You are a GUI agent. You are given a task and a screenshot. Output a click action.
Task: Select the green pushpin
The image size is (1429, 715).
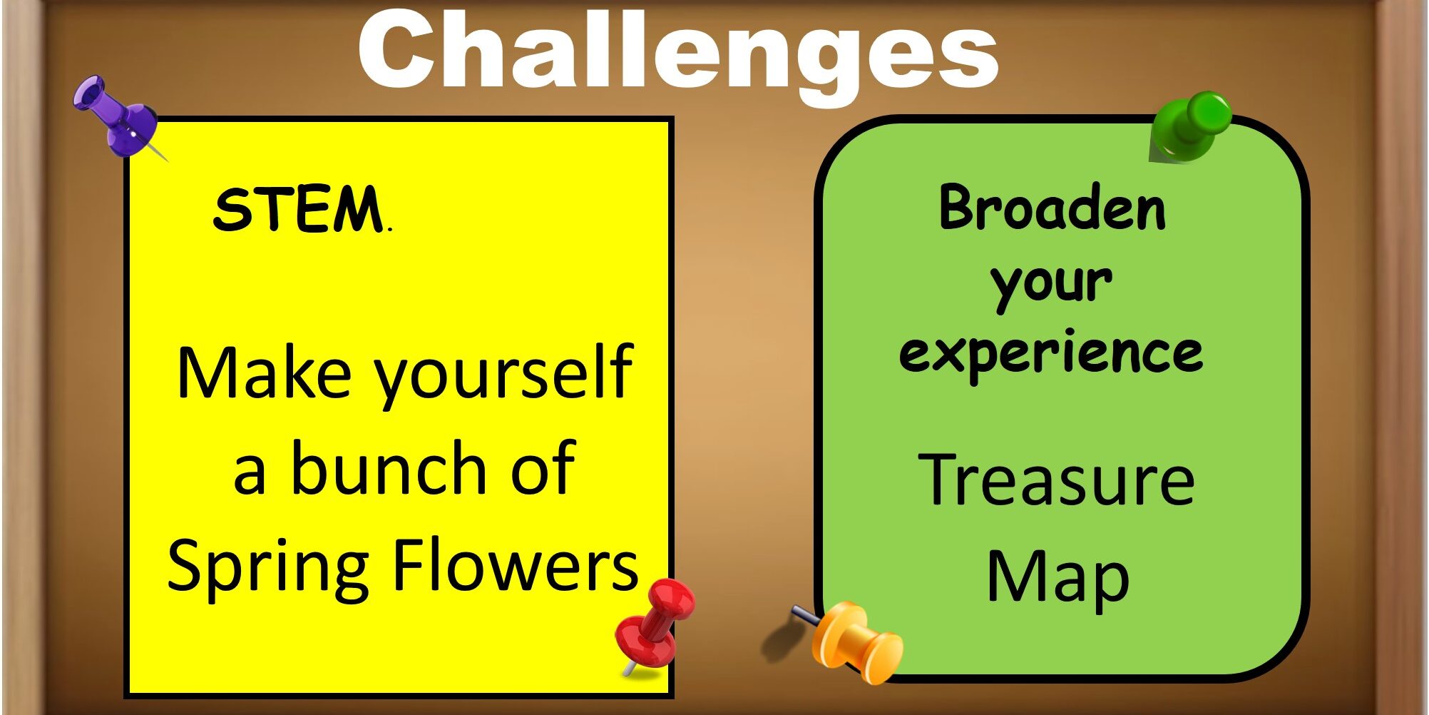point(1189,126)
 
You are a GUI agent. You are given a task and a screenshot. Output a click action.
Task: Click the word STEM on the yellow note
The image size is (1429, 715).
point(298,210)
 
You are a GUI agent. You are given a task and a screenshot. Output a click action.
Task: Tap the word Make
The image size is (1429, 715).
point(264,372)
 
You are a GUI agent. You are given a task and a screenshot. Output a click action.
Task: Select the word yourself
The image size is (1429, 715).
point(504,376)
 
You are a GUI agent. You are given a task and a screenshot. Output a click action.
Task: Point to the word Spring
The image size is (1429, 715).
point(267,569)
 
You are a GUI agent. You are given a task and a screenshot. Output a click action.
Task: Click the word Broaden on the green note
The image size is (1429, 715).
point(1052,208)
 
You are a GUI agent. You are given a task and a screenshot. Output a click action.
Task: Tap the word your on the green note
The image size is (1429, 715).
point(1052,285)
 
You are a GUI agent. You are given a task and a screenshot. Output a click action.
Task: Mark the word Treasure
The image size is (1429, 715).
point(1056,480)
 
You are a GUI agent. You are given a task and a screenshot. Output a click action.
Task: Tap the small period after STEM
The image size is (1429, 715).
point(389,230)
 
